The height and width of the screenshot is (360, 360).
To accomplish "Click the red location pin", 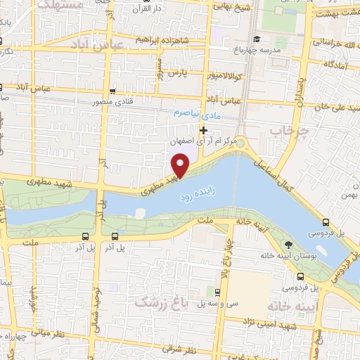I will [181, 165].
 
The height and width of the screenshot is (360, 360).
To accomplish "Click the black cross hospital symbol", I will [204, 130].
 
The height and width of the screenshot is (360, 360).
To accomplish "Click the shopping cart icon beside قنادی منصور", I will [114, 91].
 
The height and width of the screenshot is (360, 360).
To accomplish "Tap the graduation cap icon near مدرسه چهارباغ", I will [257, 39].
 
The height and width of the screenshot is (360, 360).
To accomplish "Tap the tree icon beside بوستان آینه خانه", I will [289, 244].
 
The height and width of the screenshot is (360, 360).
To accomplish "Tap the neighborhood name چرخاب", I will [286, 131].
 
